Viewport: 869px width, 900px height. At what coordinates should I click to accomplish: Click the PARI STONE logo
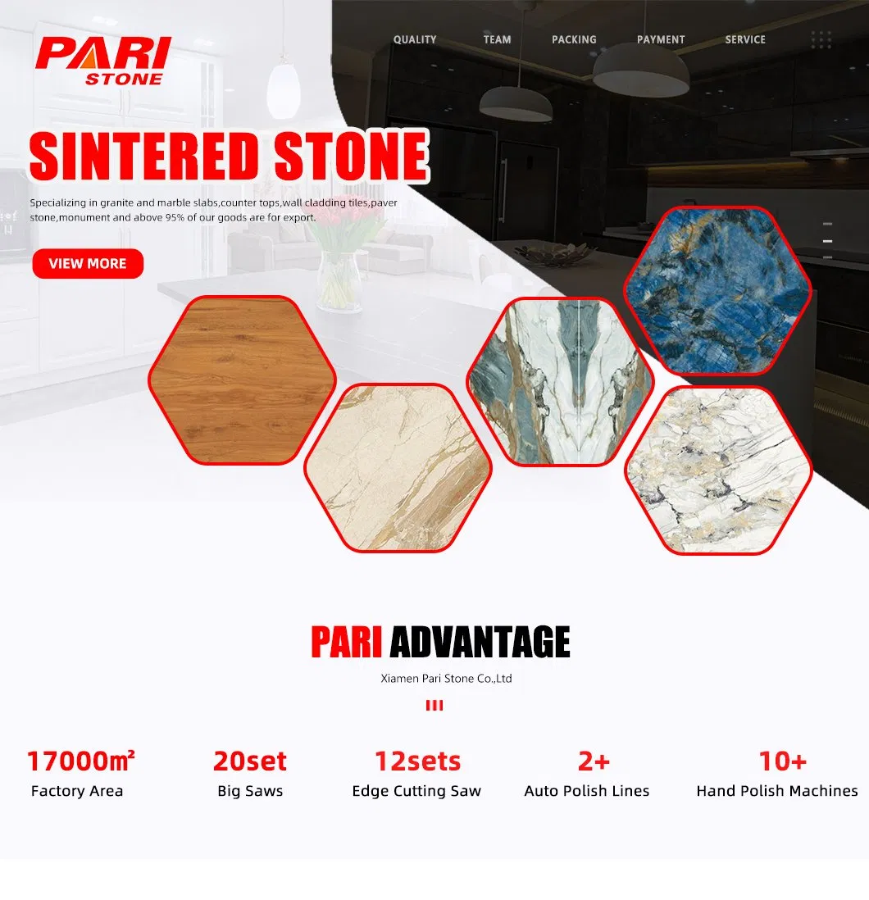pos(102,60)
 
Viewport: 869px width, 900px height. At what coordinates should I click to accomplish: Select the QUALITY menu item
pos(415,39)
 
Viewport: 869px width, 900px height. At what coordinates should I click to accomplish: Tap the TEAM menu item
pos(497,39)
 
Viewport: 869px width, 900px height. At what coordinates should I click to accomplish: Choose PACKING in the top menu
pos(574,39)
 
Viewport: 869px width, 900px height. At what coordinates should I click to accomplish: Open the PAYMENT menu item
pos(661,39)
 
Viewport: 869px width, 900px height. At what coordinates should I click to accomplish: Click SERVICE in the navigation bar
pos(745,39)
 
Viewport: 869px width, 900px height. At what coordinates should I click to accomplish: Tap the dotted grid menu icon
pos(821,39)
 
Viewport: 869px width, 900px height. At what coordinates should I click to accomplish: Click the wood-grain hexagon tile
pos(242,380)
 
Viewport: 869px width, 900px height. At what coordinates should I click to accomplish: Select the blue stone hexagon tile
pos(717,290)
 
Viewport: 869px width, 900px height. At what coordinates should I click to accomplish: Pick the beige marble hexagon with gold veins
pos(398,467)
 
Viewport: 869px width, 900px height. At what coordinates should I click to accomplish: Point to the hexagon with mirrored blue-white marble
pos(560,382)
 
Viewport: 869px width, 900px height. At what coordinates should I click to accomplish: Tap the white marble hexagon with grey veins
pos(718,470)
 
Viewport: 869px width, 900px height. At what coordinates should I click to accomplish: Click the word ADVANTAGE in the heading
pos(480,642)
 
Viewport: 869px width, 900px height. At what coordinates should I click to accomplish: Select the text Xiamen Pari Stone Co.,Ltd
pos(447,679)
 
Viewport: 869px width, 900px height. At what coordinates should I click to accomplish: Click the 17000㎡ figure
pos(80,761)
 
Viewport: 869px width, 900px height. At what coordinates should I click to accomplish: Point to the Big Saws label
pos(250,791)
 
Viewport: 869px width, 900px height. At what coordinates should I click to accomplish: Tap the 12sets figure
pos(417,761)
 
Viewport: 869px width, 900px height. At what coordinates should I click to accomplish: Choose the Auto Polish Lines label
pos(587,791)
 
